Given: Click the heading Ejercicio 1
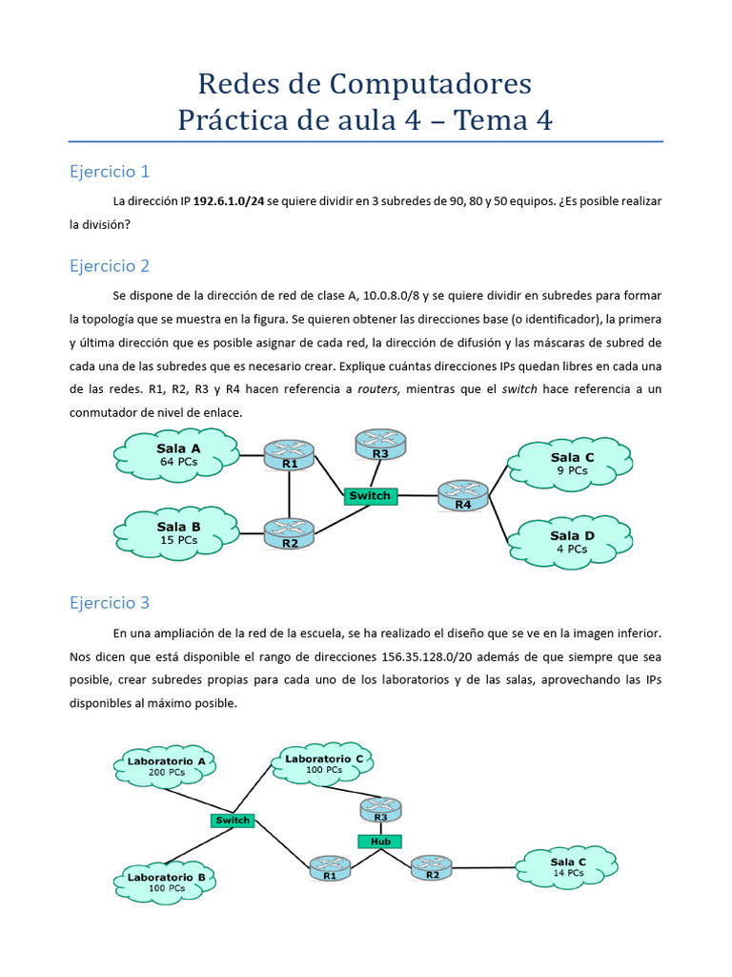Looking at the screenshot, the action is tap(110, 172).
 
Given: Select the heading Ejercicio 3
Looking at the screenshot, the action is tap(110, 603).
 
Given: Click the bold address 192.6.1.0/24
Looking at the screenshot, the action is tap(229, 202).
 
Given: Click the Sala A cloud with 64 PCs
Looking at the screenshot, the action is tap(178, 454).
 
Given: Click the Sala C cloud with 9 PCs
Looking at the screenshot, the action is tap(571, 464).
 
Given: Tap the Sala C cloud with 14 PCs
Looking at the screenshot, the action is tap(568, 867).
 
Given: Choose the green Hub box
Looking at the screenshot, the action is tap(380, 842).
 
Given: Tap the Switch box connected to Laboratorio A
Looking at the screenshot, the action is tap(233, 821).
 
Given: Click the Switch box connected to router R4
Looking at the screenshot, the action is tap(370, 496).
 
